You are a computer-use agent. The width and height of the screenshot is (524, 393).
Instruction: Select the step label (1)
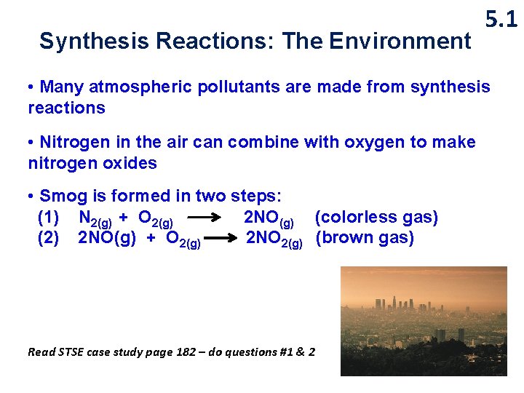point(48,217)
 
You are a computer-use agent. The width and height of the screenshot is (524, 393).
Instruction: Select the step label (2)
point(48,238)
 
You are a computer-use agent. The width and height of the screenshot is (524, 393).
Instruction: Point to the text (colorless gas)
point(376,217)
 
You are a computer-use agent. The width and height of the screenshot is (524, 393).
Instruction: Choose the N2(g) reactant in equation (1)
point(95,218)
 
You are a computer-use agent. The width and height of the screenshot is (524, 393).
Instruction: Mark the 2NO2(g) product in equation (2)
point(274,239)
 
